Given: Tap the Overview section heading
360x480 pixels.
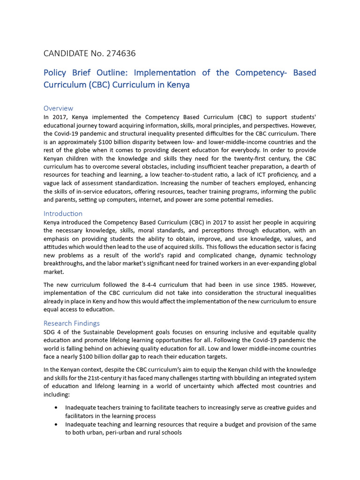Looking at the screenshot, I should coord(58,108).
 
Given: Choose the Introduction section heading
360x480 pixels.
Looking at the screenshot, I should coord(63,214).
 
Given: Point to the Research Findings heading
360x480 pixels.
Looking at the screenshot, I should coord(71,323).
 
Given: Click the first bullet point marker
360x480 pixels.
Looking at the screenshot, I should coord(57,408).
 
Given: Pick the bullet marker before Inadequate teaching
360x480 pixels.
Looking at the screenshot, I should coord(57,425).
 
